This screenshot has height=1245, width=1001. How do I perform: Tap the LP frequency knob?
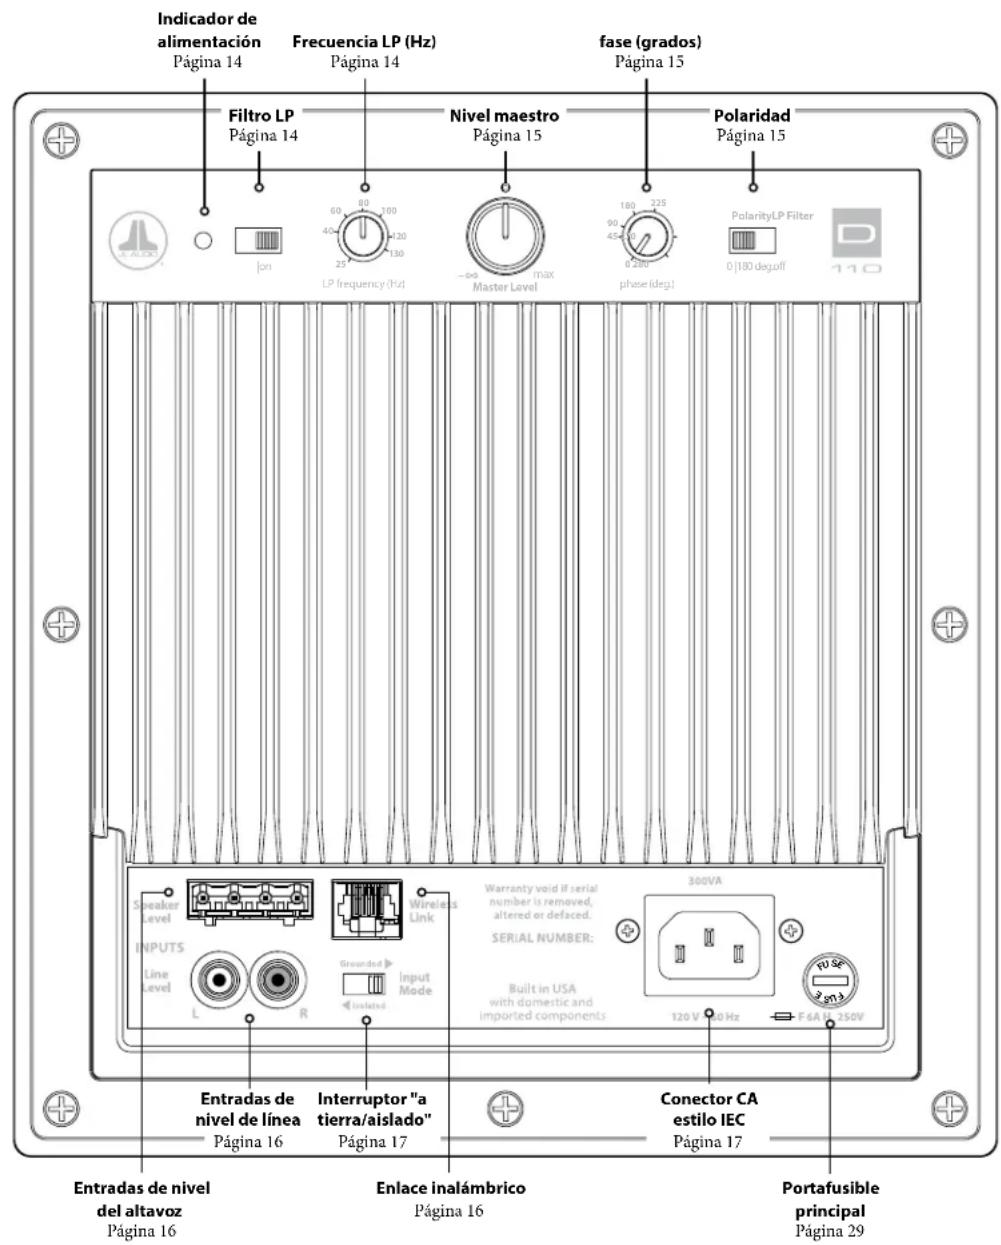pos(362,238)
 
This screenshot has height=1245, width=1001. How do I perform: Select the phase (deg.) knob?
pos(646,239)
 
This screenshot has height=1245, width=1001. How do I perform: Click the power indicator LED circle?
pos(203,241)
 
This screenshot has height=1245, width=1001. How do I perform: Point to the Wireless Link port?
pos(366,908)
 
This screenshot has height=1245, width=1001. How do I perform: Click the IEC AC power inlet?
pos(708,947)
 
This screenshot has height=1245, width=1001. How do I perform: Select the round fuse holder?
pos(833,981)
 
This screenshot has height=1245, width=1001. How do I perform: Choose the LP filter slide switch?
pos(258,240)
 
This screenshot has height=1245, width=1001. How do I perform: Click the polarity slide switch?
pos(753,241)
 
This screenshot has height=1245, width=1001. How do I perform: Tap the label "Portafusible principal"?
pos(830,1199)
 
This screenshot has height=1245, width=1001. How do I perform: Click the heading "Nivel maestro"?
pos(504,115)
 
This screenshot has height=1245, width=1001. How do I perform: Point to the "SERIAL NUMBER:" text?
pos(542,938)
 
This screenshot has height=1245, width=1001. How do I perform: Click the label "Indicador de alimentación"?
pos(208,30)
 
